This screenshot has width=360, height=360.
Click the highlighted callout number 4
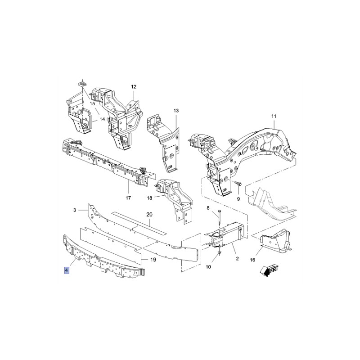pyautogui.click(x=67, y=270)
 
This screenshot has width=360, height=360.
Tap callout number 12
pyautogui.click(x=134, y=86)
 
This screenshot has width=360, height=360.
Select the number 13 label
pyautogui.click(x=176, y=111)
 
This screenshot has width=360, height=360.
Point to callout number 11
pyautogui.click(x=274, y=116)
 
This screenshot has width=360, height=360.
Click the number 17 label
pyautogui.click(x=128, y=198)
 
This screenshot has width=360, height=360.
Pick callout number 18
pyautogui.click(x=149, y=198)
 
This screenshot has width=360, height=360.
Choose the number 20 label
pyautogui.click(x=149, y=215)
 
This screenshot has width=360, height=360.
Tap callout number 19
pyautogui.click(x=153, y=260)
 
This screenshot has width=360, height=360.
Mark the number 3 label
pyautogui.click(x=75, y=210)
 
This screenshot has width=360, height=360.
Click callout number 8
pyautogui.click(x=208, y=208)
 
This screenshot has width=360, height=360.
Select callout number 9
pyautogui.click(x=238, y=199)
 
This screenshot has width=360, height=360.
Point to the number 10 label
pyautogui.click(x=208, y=267)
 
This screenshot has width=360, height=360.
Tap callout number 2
pyautogui.click(x=237, y=258)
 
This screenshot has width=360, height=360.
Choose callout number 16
pyautogui.click(x=252, y=260)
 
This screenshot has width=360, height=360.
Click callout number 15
pyautogui.click(x=92, y=103)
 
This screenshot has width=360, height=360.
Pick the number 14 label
pyautogui.click(x=102, y=119)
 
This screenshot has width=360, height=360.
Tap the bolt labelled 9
pyautogui.click(x=238, y=183)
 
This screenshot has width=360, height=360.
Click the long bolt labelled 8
pyautogui.click(x=220, y=220)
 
